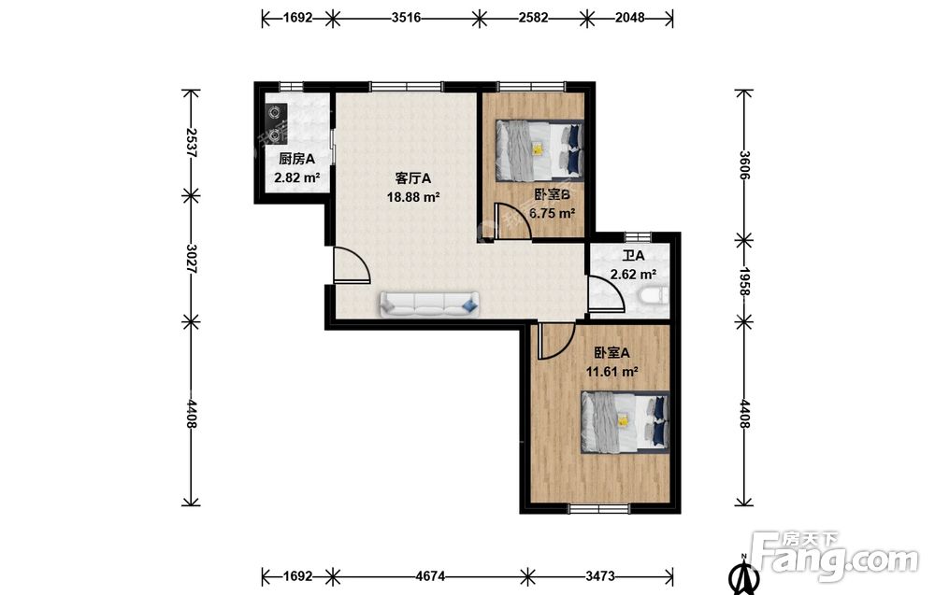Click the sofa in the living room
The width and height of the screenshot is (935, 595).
coord(429,304)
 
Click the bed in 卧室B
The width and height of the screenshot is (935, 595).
coord(539,150)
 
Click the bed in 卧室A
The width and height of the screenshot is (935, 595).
coord(626,421)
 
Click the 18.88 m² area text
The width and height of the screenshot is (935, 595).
coord(413,197)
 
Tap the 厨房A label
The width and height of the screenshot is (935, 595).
coord(296,159)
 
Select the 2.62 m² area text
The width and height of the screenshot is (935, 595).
coord(633,275)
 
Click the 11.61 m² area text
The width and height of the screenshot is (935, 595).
coord(611,373)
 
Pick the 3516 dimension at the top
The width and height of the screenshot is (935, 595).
coord(406,18)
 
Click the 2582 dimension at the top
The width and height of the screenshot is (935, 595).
coord(533,18)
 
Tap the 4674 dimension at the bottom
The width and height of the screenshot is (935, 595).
coord(429,576)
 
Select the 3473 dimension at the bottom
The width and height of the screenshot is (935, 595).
coord(600,576)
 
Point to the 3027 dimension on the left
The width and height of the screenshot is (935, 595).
coord(191,259)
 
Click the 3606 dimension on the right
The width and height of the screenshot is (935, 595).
coord(744,165)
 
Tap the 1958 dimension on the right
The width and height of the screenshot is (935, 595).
coord(744,280)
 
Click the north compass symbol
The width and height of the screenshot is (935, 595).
coord(743,574)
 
